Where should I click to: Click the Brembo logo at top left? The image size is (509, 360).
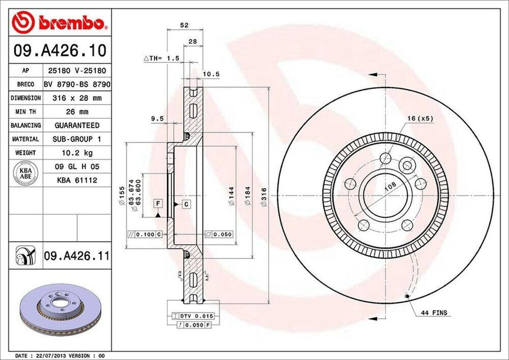pos(60,22)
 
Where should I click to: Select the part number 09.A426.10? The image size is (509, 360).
pos(60,50)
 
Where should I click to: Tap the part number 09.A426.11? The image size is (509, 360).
pos(76,256)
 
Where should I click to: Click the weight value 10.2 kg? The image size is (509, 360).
pos(77,152)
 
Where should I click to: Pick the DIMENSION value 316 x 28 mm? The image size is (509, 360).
pos(77,98)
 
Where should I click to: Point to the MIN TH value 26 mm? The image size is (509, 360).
pos(77,111)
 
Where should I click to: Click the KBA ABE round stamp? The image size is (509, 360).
pos(23,173)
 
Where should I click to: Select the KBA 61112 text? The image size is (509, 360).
pos(77,179)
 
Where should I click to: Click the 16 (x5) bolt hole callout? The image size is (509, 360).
pos(421,118)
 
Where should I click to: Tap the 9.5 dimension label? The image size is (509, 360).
pos(157,118)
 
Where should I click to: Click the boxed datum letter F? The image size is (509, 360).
pos(157,204)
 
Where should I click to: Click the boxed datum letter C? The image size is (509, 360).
pos(186,204)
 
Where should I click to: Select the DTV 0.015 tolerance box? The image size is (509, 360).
pos(193,316)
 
